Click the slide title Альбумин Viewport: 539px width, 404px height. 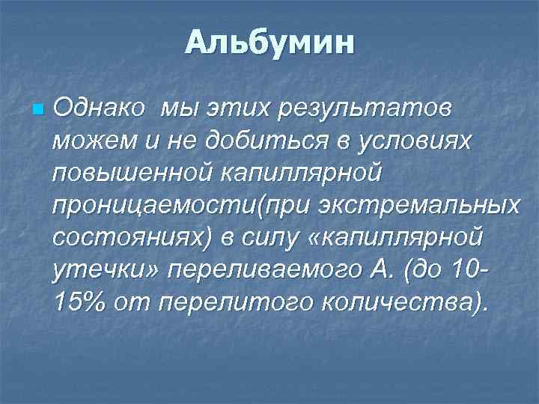click(x=269, y=43)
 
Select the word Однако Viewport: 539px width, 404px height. click(x=100, y=109)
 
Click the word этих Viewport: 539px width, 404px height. click(x=235, y=109)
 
